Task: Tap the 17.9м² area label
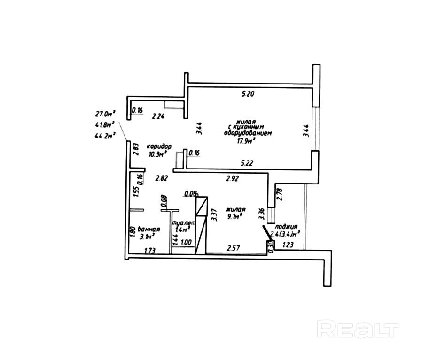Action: point(247,139)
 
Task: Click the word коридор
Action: point(158,146)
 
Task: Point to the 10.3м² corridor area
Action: point(157,154)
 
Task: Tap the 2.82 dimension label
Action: point(162,178)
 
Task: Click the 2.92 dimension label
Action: point(233,178)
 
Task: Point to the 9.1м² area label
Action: point(234,217)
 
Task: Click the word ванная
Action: point(150,230)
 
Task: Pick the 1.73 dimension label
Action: point(150,250)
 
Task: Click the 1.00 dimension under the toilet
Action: point(186,243)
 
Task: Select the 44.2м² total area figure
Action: point(105,137)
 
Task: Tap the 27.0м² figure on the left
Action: point(105,114)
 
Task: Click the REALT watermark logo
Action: point(358,329)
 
